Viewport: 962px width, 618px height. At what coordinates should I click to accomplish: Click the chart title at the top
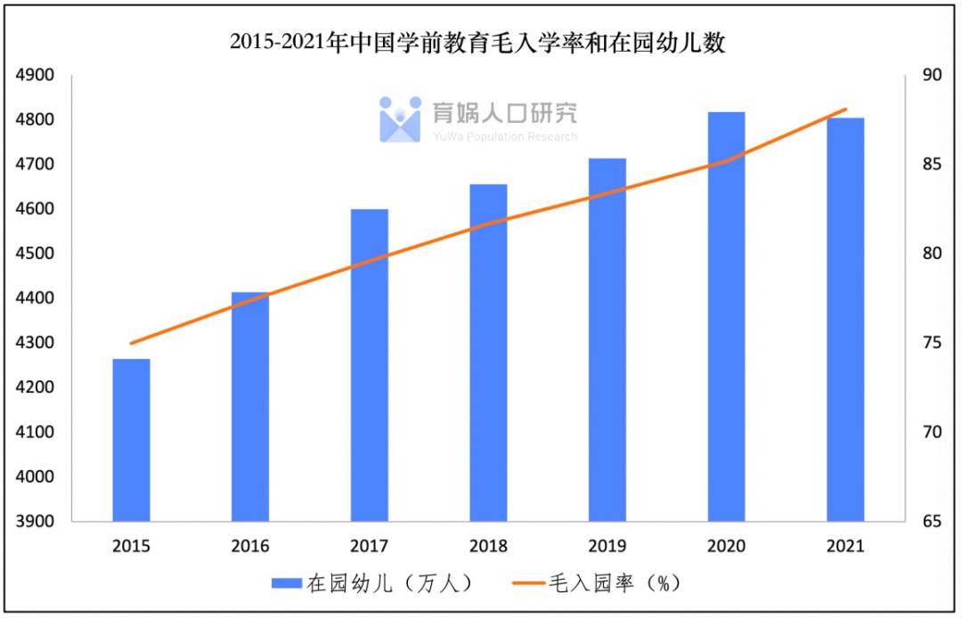coord(477,42)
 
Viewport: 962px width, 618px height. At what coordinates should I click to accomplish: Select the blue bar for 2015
coord(131,440)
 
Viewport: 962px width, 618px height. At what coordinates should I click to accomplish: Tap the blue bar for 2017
coord(370,365)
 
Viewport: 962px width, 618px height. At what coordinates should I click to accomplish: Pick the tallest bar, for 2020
coord(727,316)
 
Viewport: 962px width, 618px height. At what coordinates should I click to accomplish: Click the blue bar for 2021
coord(845,319)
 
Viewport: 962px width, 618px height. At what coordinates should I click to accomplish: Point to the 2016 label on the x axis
coord(250,546)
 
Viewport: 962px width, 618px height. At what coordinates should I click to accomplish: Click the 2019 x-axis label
coord(607,546)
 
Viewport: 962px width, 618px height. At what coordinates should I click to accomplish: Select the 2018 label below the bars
coord(488,546)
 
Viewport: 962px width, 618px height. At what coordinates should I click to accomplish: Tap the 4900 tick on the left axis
coord(36,75)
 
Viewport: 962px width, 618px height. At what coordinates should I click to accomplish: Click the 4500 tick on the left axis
coord(36,254)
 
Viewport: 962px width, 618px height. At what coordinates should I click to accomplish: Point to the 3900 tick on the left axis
coord(36,522)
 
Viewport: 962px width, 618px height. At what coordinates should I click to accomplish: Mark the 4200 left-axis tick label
coord(36,387)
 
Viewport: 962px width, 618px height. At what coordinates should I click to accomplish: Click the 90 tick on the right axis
coord(930,75)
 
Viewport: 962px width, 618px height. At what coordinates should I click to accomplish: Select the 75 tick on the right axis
coord(930,343)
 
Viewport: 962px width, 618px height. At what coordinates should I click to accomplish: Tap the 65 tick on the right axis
coord(930,522)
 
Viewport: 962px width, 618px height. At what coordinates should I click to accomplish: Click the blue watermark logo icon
coord(400,119)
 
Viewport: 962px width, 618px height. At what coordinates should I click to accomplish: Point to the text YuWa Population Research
coord(505,136)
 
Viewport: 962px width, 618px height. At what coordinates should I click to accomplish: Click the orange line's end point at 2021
coord(845,110)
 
